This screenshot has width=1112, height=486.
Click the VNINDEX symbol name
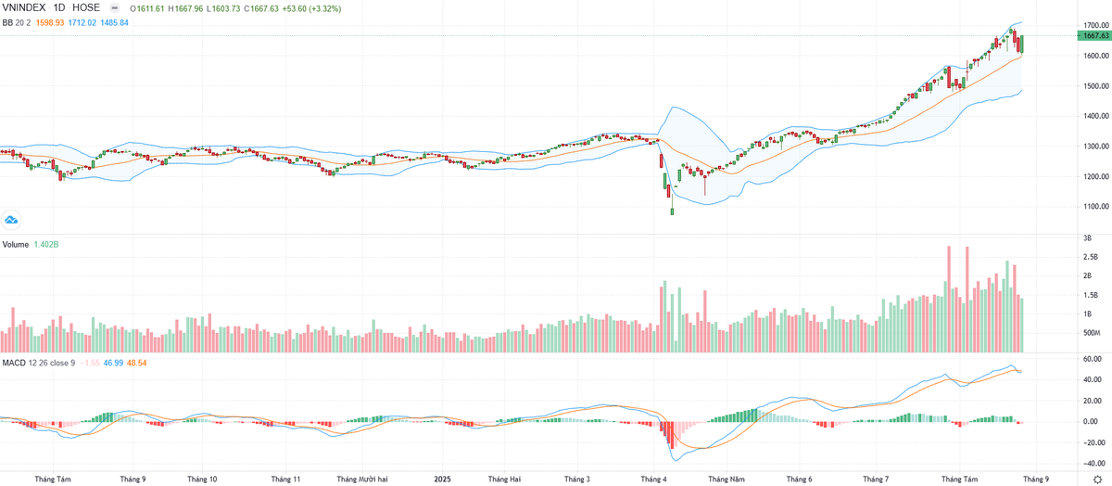click(x=24, y=7)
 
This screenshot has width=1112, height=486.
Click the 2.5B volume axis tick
click(x=1091, y=257)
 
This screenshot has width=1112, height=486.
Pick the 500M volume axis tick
click(x=1091, y=333)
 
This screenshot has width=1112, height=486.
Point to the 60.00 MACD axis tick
click(x=1091, y=359)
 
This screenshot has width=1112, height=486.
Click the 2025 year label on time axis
click(x=443, y=480)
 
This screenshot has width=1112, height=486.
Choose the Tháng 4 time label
click(x=653, y=480)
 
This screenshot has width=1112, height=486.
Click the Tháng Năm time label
click(x=726, y=480)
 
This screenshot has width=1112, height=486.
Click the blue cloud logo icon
click(x=12, y=220)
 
